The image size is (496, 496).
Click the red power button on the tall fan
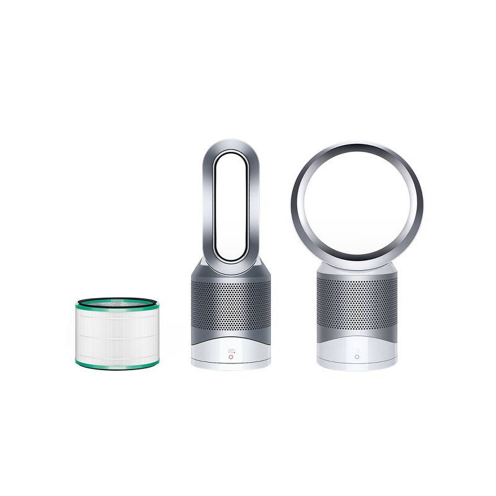[x=231, y=357]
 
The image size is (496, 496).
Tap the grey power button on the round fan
[x=356, y=357]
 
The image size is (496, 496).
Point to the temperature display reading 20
[x=230, y=350]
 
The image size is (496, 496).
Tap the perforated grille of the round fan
[x=356, y=304]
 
